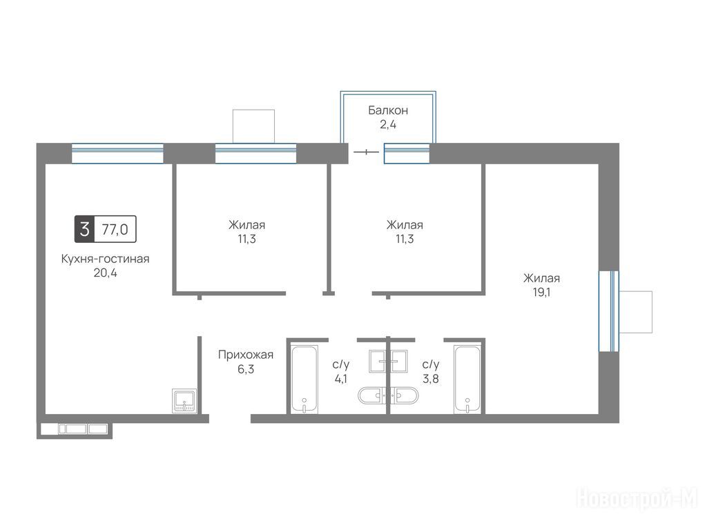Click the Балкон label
[x=388, y=110]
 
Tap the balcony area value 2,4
[x=388, y=124]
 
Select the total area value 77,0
[x=115, y=229]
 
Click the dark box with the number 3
[x=84, y=229]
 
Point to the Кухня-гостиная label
[x=105, y=259]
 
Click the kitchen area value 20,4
[x=105, y=273]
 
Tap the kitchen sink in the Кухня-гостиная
[x=184, y=401]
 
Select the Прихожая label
[x=246, y=355]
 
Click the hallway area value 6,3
[x=246, y=369]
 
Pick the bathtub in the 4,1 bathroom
[x=304, y=379]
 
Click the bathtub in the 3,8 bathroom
[x=467, y=379]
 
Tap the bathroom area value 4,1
[x=341, y=379]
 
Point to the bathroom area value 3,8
[x=431, y=379]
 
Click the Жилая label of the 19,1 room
[x=541, y=278]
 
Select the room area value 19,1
[x=541, y=292]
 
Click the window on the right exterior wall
[x=609, y=311]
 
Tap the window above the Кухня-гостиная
[x=117, y=153]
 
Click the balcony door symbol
[x=366, y=153]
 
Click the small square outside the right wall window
[x=636, y=312]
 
